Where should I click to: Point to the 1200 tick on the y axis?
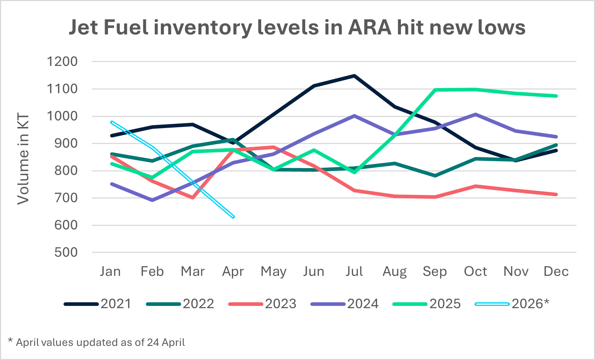(62, 62)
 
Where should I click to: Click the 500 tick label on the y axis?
(66, 253)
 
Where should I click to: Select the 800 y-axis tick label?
(66, 171)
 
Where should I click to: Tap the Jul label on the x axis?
(354, 271)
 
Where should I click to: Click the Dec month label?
(556, 271)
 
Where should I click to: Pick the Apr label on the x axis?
(233, 271)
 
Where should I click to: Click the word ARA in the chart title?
(369, 27)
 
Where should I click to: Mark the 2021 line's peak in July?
(355, 76)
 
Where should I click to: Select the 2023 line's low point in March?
(193, 198)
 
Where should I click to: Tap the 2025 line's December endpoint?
(556, 96)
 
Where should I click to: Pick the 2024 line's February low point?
(152, 200)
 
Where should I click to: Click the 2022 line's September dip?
(435, 176)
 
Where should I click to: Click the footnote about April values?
(97, 342)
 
